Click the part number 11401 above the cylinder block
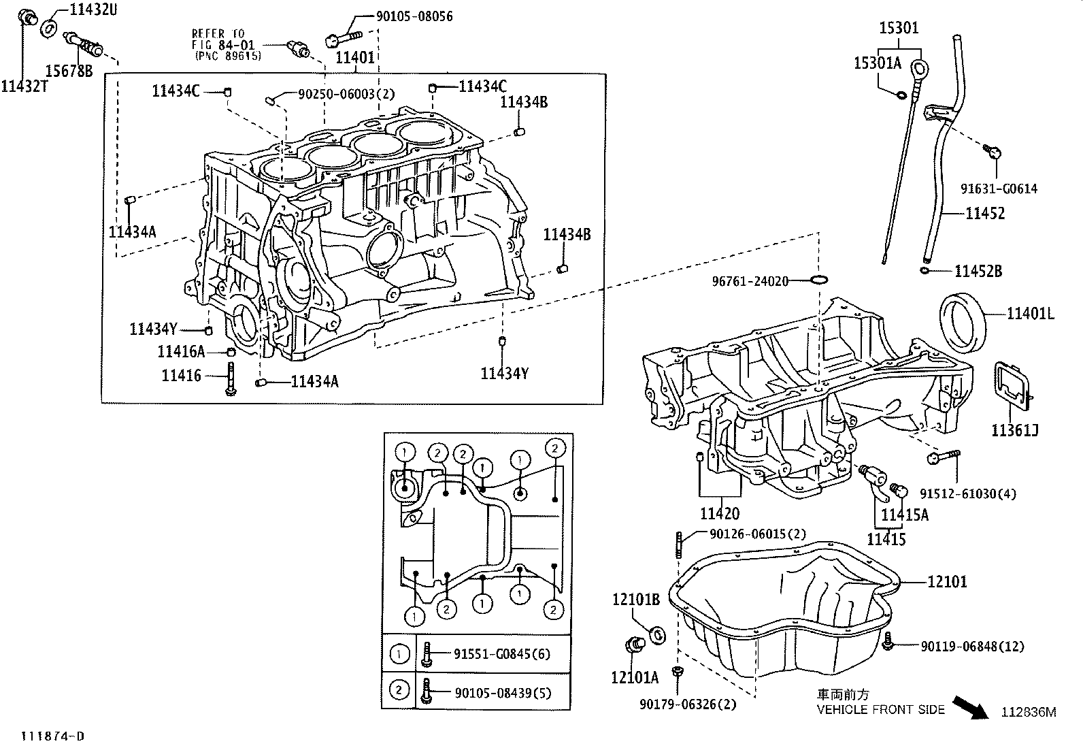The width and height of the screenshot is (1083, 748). click(355, 57)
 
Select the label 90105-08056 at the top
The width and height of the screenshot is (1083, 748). click(414, 16)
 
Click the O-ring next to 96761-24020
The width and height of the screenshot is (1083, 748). click(820, 280)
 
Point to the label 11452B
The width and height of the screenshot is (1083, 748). click(978, 272)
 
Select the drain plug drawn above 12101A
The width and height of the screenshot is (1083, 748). click(635, 644)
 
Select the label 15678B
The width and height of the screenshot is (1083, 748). click(69, 69)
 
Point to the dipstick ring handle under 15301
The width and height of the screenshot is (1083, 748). click(920, 67)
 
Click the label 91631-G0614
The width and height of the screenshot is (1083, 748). click(999, 189)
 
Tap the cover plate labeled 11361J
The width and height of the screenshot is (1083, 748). click(1014, 388)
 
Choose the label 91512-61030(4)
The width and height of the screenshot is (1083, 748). click(967, 494)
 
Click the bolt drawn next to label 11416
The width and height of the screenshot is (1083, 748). click(231, 377)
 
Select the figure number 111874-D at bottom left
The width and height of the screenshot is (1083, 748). click(52, 736)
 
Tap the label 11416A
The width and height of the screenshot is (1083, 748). click(181, 352)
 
